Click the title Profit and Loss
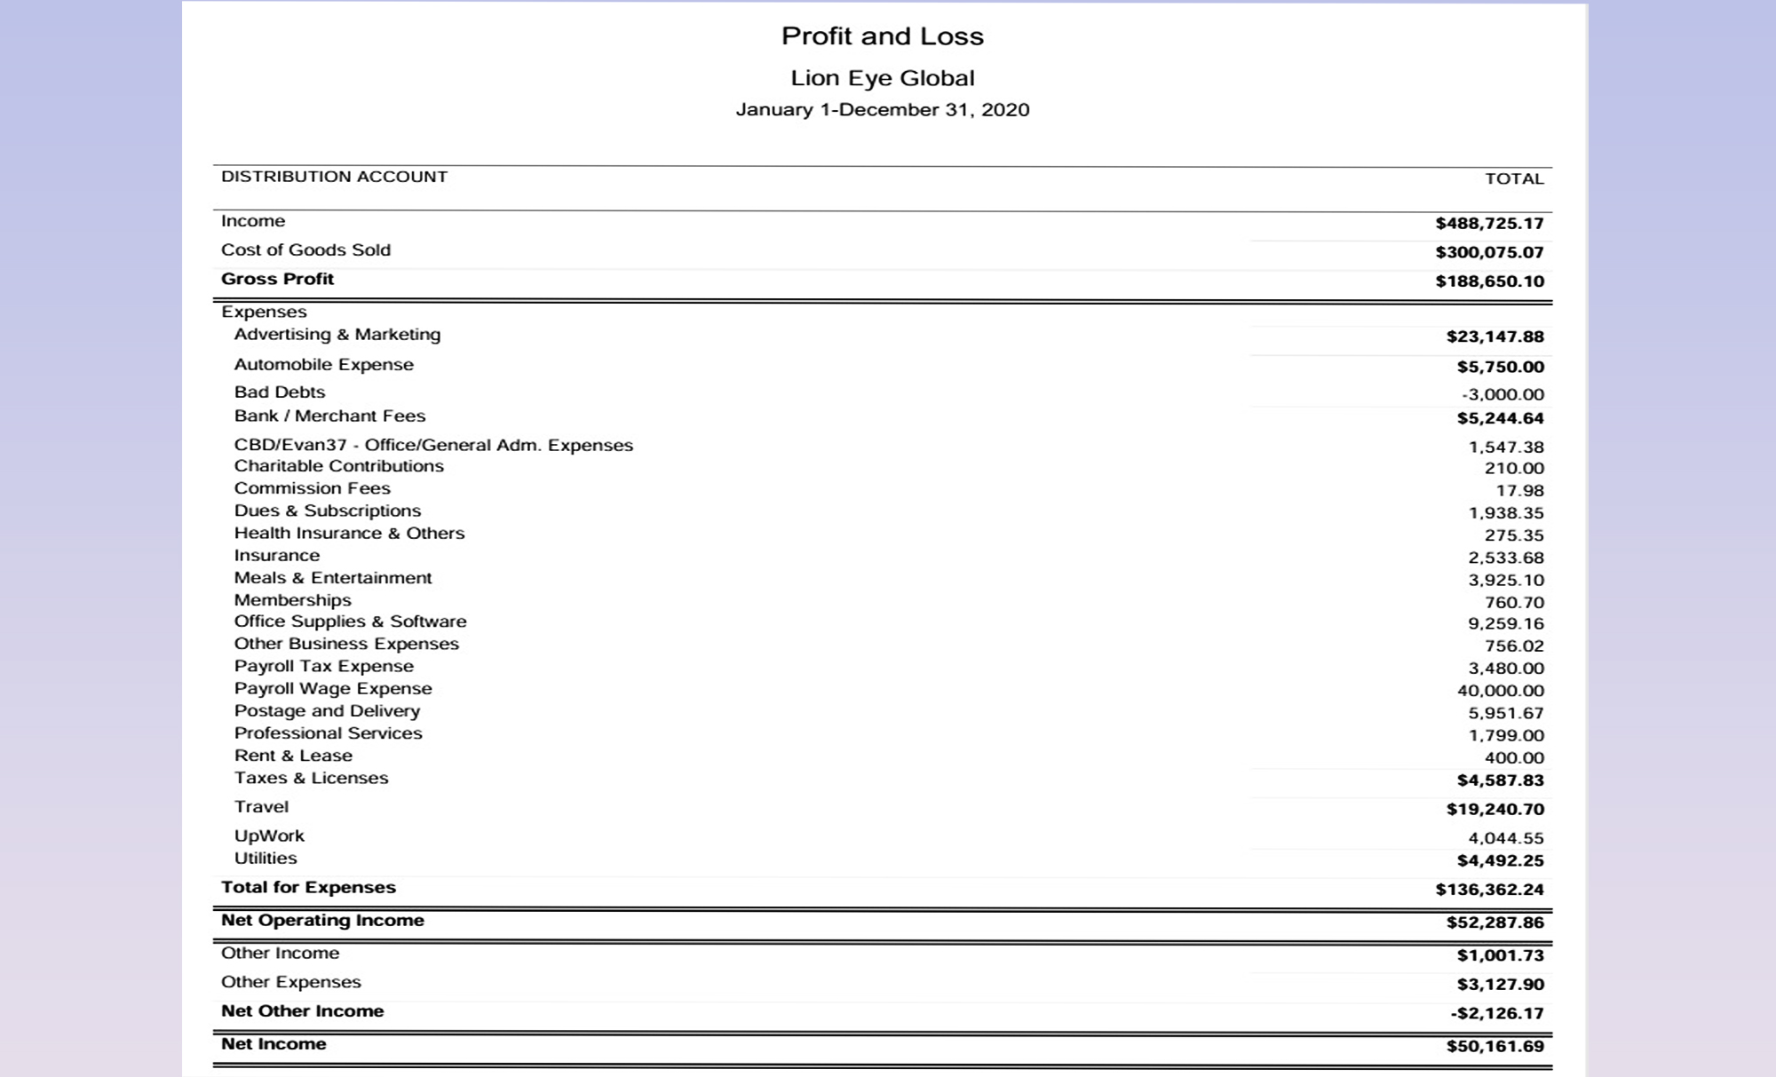[x=882, y=36]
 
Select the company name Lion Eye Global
[x=882, y=78]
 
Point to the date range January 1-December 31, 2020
[x=882, y=110]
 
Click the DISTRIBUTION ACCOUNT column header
[x=334, y=177]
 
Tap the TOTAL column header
[x=1514, y=178]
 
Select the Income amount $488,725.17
[x=1489, y=224]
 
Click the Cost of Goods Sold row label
[x=305, y=250]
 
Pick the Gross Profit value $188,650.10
[x=1489, y=281]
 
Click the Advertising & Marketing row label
[x=337, y=335]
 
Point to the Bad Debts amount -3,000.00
[x=1502, y=394]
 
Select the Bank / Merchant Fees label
[x=329, y=416]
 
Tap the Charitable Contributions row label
[x=338, y=466]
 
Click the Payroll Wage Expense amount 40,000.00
[x=1500, y=691]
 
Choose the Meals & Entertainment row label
[x=332, y=578]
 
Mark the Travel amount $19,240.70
[x=1495, y=810]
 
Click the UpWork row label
[x=269, y=836]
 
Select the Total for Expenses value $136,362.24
[x=1489, y=890]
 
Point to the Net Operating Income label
[x=322, y=921]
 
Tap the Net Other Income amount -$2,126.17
[x=1495, y=1014]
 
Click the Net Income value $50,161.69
[x=1495, y=1047]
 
